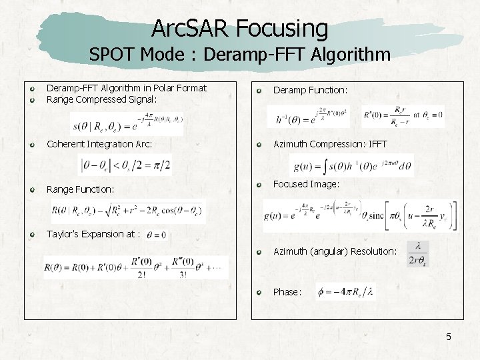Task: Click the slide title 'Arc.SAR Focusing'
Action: click(x=240, y=28)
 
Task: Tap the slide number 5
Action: click(x=449, y=337)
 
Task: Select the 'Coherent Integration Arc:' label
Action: click(x=99, y=144)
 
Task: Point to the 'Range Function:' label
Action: click(x=80, y=189)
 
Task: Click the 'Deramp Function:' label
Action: click(x=310, y=89)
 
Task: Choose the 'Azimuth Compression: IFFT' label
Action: click(x=330, y=144)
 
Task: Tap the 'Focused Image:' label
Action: click(x=306, y=184)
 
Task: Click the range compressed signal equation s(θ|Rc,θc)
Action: click(x=127, y=124)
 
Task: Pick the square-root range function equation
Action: click(x=129, y=212)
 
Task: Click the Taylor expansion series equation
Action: click(x=135, y=267)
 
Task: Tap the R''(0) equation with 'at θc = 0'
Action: click(x=403, y=117)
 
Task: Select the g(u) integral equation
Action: click(x=352, y=165)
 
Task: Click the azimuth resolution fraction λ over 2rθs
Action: click(x=418, y=253)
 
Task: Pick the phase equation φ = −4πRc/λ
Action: click(x=345, y=292)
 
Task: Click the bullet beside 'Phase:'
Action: click(x=259, y=292)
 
